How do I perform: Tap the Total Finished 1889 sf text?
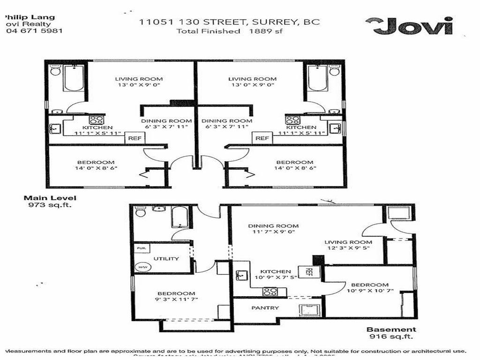[229, 31]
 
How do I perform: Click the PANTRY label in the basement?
[265, 307]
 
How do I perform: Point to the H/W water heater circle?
[141, 267]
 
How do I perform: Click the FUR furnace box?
[141, 248]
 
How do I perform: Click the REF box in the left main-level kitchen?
[135, 138]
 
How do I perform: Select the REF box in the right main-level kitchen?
[262, 138]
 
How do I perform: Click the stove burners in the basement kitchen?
[270, 291]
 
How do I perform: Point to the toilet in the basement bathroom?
[141, 212]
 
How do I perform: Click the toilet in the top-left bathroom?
[55, 71]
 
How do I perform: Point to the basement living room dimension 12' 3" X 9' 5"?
[348, 248]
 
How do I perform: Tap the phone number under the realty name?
[34, 30]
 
